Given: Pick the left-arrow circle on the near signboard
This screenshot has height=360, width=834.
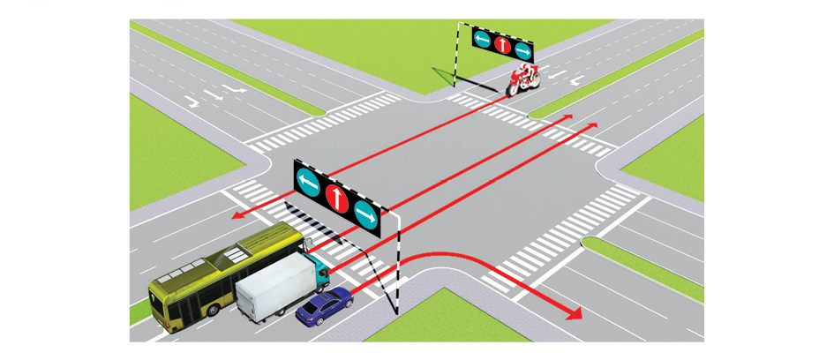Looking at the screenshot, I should coord(308,182).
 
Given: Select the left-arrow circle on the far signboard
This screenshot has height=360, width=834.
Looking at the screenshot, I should coord(482,39).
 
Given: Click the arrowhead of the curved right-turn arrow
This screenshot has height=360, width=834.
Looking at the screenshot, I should coord(575,313).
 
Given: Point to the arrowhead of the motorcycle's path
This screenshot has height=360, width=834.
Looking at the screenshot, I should coord(237,215).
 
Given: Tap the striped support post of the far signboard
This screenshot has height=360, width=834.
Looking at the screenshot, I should coord(456,57).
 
